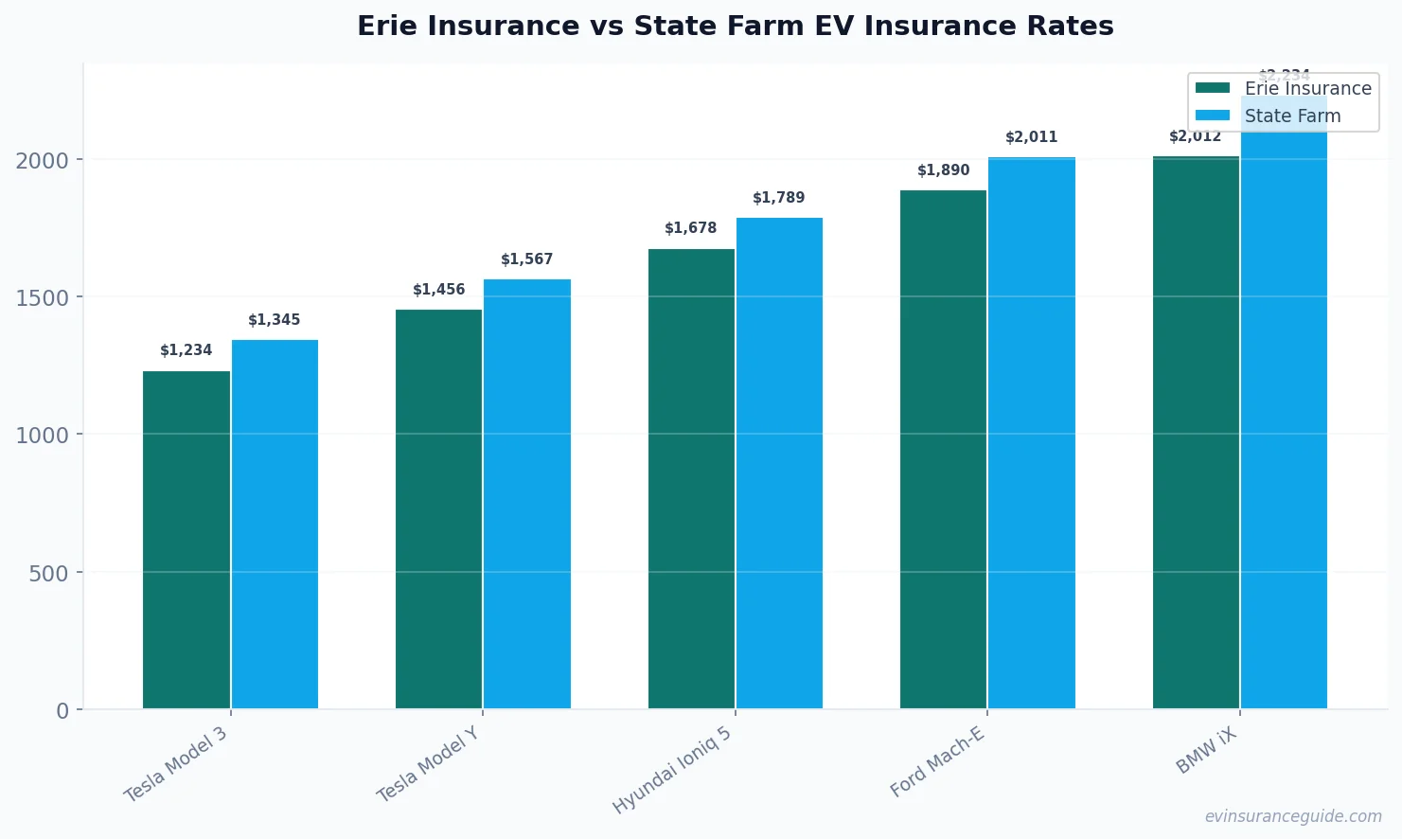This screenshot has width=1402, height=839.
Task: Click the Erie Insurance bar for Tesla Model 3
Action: [186, 540]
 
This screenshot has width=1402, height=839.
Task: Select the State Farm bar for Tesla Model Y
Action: [527, 493]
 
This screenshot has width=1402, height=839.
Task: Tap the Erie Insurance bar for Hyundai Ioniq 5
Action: [691, 478]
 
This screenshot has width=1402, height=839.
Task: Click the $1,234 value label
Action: [186, 350]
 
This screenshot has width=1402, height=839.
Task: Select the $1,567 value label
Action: [527, 259]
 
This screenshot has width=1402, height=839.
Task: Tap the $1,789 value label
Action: [779, 198]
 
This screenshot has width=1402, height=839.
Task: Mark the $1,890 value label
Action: [944, 170]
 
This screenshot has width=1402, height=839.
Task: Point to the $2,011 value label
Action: [1032, 137]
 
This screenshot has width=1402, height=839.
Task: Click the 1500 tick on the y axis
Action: [43, 298]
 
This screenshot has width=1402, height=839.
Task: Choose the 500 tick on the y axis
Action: [49, 574]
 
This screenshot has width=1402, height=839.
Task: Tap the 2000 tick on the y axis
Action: [43, 161]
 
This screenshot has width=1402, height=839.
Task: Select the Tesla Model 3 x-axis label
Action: [176, 764]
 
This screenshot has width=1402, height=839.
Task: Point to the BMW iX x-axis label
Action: [1206, 751]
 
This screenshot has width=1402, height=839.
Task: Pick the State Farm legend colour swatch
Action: [1213, 116]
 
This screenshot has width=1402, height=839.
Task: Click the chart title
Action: [735, 26]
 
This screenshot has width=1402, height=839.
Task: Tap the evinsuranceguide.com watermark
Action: [1293, 816]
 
